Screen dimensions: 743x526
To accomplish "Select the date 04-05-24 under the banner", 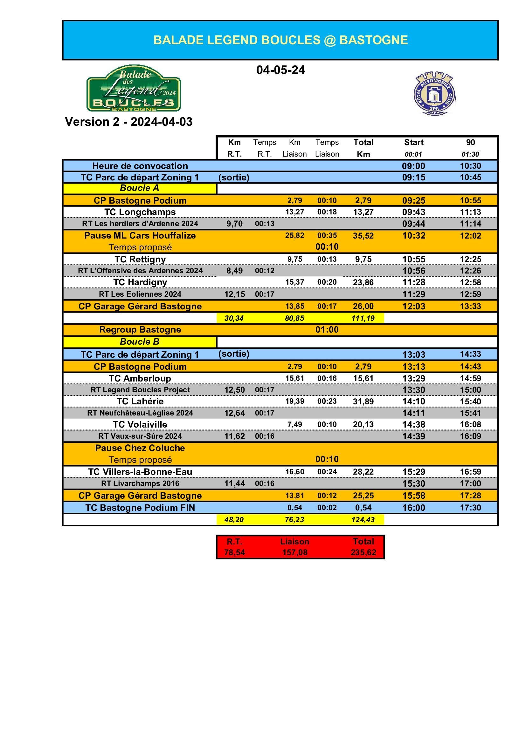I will pyautogui.click(x=280, y=70).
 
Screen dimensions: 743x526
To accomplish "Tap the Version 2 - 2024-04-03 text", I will pyautogui.click(x=128, y=122).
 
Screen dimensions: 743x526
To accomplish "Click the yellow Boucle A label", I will pyautogui.click(x=139, y=188).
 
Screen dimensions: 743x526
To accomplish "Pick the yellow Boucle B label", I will pyautogui.click(x=139, y=342).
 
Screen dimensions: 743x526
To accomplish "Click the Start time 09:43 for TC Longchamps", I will pyautogui.click(x=414, y=212).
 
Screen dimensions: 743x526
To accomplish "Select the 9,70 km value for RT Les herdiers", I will pyautogui.click(x=234, y=224).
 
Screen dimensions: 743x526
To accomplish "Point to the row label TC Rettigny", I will pyautogui.click(x=140, y=259).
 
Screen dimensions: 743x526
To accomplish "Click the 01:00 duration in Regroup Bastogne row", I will pyautogui.click(x=327, y=330).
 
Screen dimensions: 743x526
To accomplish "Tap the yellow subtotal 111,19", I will pyautogui.click(x=363, y=318).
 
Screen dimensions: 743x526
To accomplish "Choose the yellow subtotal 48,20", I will pyautogui.click(x=234, y=520).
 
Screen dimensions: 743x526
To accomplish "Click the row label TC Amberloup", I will pyautogui.click(x=140, y=378).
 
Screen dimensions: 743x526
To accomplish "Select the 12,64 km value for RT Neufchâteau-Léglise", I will pyautogui.click(x=234, y=413).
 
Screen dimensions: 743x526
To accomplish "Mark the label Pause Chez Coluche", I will pyautogui.click(x=140, y=448).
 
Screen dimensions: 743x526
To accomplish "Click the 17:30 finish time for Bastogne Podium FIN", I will pyautogui.click(x=470, y=508).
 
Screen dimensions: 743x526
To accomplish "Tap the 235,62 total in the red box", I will pyautogui.click(x=363, y=552).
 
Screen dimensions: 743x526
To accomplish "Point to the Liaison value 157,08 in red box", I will pyautogui.click(x=294, y=552).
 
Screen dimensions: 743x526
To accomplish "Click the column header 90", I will pyautogui.click(x=470, y=142).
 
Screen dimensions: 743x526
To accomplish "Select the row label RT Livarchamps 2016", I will pyautogui.click(x=140, y=483).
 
